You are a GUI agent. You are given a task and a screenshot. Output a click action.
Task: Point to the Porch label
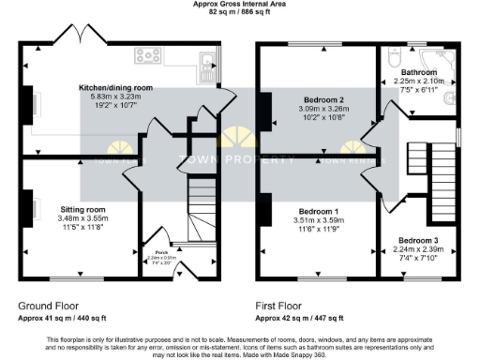point(148,251)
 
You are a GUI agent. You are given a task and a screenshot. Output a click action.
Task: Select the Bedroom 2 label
point(323,99)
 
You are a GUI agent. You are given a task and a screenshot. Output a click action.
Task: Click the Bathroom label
point(419,72)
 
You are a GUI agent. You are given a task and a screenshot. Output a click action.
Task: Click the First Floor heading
point(282,306)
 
